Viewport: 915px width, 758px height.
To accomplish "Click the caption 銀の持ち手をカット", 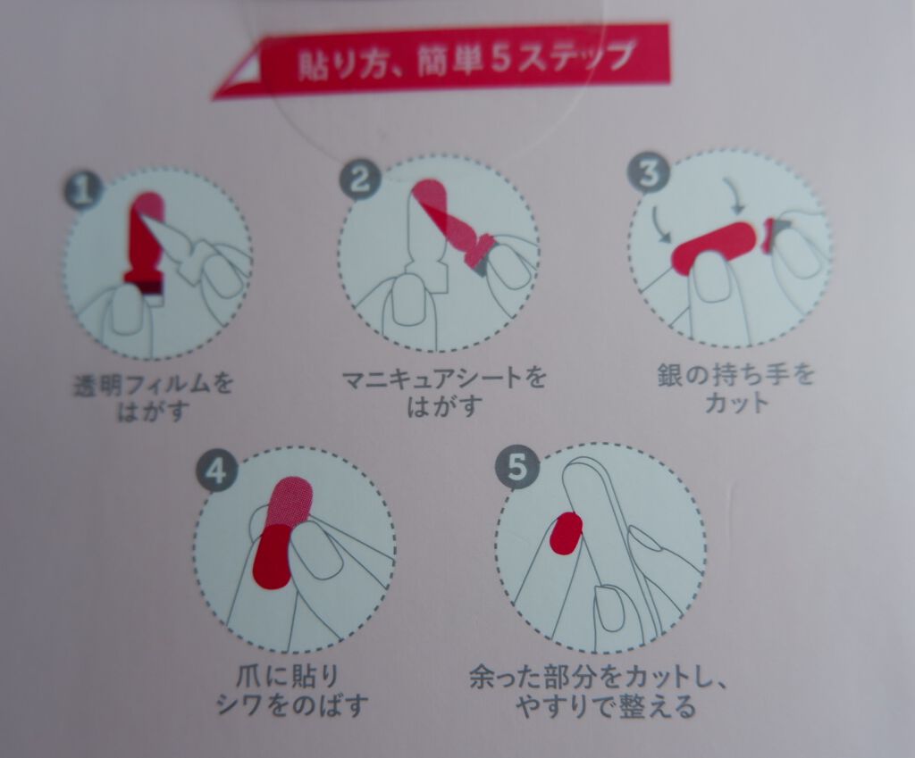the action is tap(735, 387).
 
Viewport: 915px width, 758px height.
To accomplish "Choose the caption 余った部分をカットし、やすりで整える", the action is tap(598, 693).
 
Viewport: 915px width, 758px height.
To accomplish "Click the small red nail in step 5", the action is tap(566, 531).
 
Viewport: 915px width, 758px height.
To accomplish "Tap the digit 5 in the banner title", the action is tap(502, 59).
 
